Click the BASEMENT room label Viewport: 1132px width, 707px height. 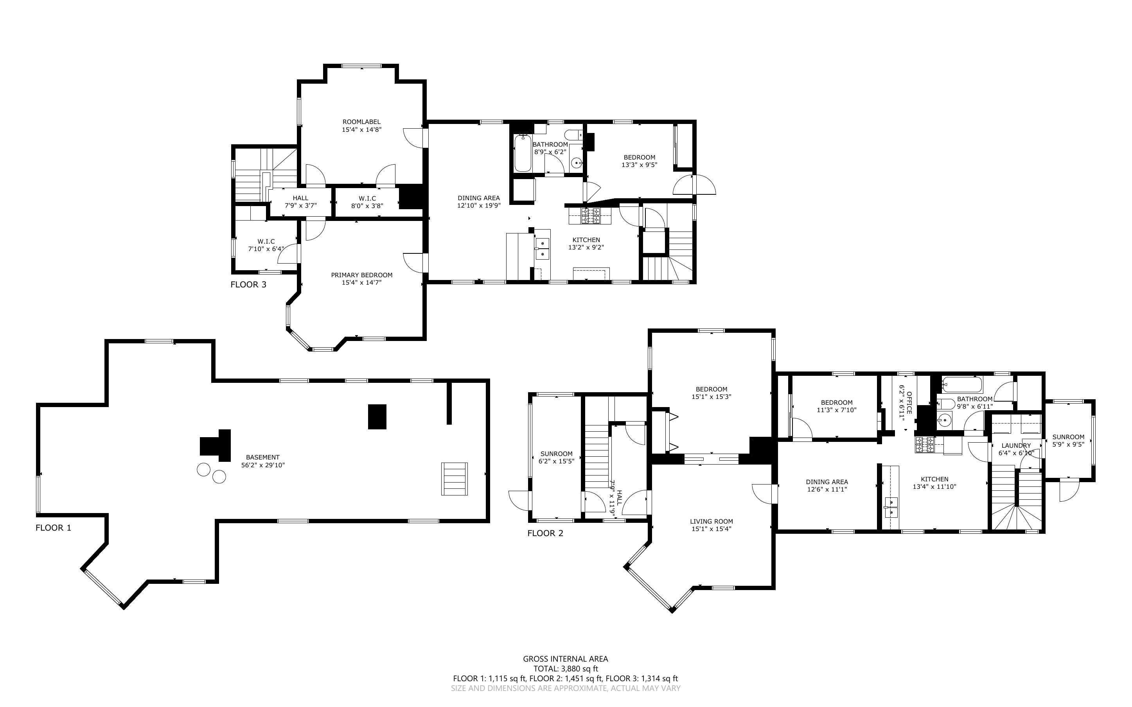[263, 457]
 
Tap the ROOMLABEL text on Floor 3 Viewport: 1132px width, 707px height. [361, 122]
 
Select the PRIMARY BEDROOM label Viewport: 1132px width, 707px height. [361, 275]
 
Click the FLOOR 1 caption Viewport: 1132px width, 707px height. [53, 528]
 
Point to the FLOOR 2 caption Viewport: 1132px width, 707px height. [545, 533]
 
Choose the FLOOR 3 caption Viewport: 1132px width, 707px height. [248, 284]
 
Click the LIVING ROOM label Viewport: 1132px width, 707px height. [711, 521]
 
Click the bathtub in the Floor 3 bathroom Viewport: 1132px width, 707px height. [522, 153]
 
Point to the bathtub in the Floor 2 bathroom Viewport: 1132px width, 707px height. [962, 385]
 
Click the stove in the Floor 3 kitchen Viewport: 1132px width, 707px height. [590, 215]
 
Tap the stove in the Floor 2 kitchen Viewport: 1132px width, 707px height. [925, 445]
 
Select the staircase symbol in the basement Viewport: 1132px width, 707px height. [455, 479]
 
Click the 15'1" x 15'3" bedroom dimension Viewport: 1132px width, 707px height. [711, 397]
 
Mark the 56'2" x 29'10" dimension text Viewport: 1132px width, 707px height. [263, 465]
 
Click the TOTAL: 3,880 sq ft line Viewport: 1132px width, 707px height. [566, 669]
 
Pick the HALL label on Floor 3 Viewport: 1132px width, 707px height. [301, 198]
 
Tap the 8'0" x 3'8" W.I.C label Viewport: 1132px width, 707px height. [368, 206]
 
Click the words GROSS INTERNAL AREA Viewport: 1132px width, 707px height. [566, 659]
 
